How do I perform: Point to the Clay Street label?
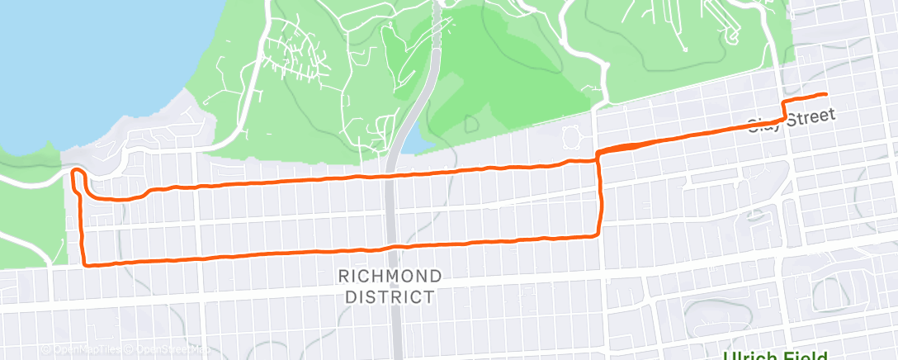(x=791, y=121)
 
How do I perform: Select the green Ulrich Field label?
(x=776, y=355)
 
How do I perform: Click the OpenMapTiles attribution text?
(x=83, y=349)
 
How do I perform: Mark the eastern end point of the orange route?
(x=825, y=94)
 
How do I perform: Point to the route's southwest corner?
(x=86, y=264)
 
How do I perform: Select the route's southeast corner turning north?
(x=598, y=236)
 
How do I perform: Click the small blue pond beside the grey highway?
(x=419, y=144)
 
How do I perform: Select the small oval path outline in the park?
(x=570, y=134)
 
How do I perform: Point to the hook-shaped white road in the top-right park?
(x=730, y=33)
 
